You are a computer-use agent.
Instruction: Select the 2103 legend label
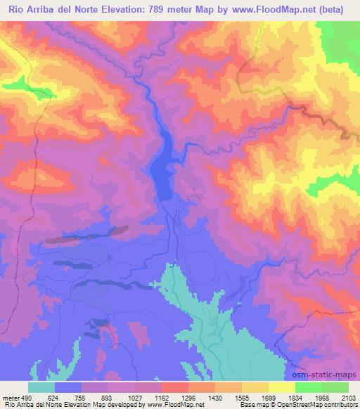(348, 397)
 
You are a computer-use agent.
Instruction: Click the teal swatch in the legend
(41, 387)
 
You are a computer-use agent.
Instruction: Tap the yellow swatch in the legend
(281, 387)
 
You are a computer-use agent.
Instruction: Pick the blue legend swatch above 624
(68, 387)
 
